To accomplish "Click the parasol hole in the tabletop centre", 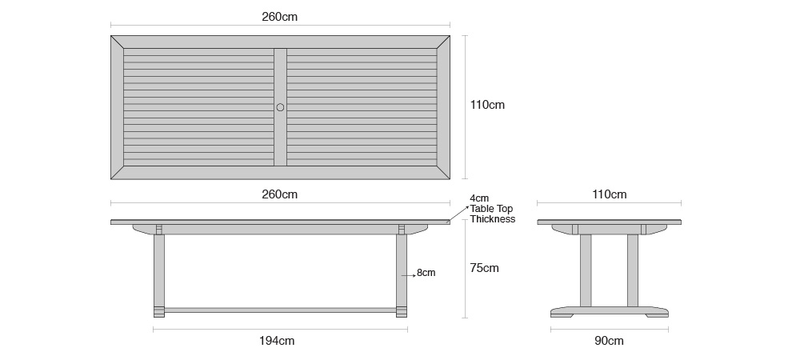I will pos(280,107).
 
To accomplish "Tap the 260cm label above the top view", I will pos(280,16).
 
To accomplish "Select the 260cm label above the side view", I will pos(280,194).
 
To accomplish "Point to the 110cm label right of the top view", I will pos(487,105).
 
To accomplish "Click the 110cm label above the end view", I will pos(609,194).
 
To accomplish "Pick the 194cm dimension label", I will pos(277,341).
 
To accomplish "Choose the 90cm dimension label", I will pos(609,341).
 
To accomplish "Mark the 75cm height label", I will pos(484,268).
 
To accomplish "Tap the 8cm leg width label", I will pos(426,273).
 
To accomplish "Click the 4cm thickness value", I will pos(479,198).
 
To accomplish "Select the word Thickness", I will pos(493,219).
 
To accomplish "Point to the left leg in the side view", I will pos(158,272).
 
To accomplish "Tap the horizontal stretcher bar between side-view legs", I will pos(280,310).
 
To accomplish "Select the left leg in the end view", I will pos(586,270).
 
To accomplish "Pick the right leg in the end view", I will pos(633,270).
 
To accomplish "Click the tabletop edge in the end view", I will pos(609,222).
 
